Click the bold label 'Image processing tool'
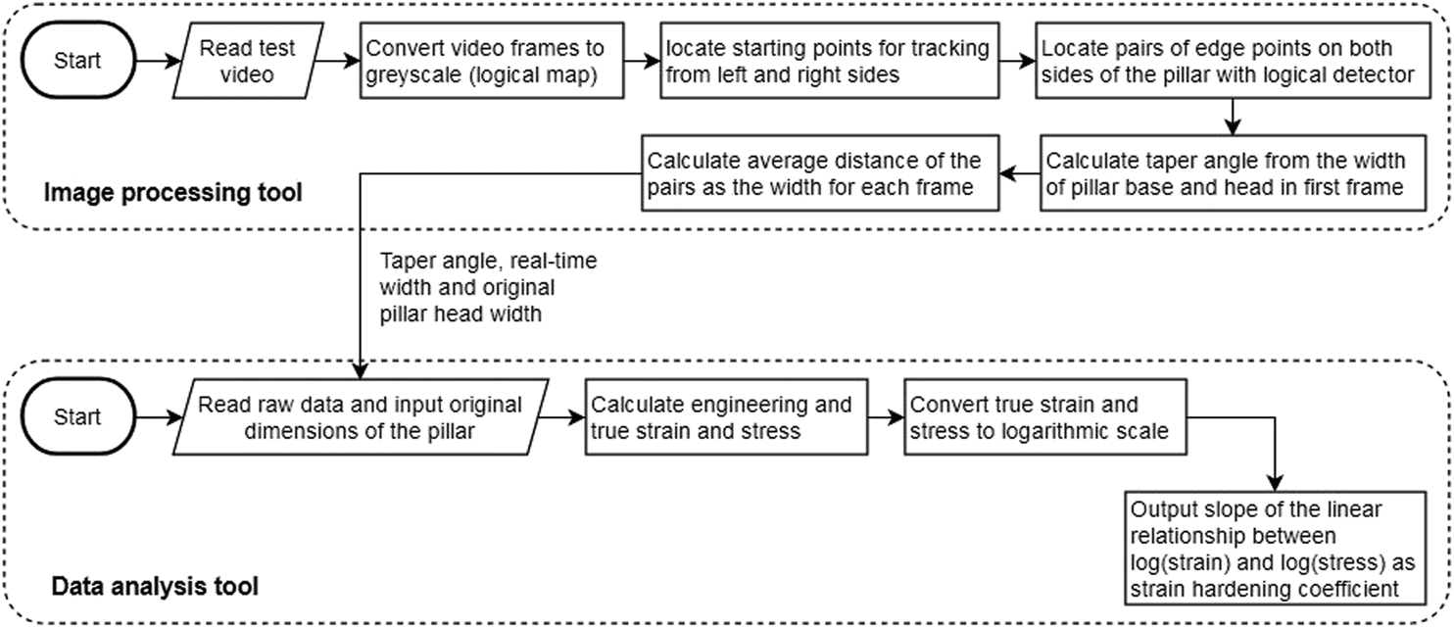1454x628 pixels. pos(173,193)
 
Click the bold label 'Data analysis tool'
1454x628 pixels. pos(155,587)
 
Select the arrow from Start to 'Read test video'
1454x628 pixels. pos(155,62)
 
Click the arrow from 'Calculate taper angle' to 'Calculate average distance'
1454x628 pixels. pos(1018,173)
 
